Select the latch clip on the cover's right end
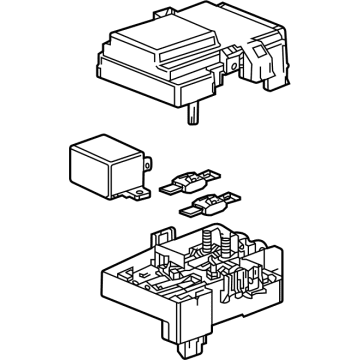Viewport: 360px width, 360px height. [272, 66]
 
